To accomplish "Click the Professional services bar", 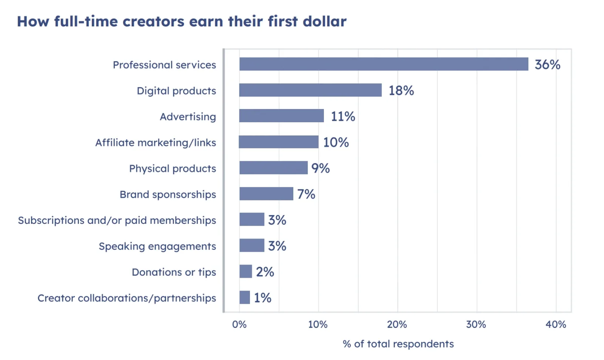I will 384,64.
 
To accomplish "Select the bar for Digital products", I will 310,90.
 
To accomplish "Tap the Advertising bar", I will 282,116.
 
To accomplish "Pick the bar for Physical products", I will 273,168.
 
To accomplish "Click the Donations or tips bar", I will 245,271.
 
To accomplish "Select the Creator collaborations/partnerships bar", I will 245,297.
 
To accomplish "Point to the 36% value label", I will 547,65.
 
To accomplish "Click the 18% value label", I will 401,91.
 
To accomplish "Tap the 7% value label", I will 306,194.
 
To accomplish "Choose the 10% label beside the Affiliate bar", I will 336,142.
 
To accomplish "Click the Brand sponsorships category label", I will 168,194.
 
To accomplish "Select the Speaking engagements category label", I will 157,246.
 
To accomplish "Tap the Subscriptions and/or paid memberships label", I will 117,220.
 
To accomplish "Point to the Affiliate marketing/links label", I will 156,143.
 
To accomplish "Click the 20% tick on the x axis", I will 397,325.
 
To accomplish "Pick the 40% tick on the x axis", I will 556,325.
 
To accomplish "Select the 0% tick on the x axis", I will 239,325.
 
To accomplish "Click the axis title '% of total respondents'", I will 398,344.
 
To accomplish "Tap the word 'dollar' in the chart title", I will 325,22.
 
